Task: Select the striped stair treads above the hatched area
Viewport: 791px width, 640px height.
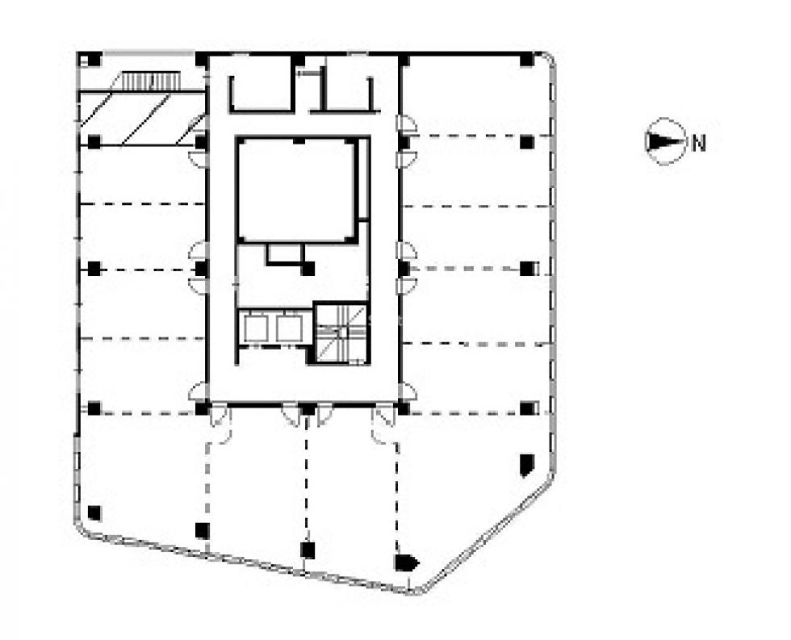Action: (x=151, y=82)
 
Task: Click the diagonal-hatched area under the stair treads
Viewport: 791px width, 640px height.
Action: (x=142, y=119)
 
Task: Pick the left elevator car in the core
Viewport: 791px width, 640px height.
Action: (x=256, y=327)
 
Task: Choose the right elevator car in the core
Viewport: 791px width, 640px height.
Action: (x=289, y=327)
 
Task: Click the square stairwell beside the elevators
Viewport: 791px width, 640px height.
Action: (x=341, y=333)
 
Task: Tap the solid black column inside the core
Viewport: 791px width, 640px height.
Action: (x=308, y=269)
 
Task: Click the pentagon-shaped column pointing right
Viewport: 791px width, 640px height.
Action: (x=406, y=563)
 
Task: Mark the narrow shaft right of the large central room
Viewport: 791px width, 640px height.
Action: (x=362, y=179)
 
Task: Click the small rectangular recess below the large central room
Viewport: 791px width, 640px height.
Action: (x=286, y=253)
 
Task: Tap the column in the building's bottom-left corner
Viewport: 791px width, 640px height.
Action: (x=94, y=513)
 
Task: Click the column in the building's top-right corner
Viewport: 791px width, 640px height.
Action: (x=526, y=60)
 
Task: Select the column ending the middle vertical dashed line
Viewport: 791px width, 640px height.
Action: (x=308, y=550)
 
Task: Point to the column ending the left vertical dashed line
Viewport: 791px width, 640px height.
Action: (x=203, y=530)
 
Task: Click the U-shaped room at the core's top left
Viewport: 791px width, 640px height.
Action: (x=262, y=94)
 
